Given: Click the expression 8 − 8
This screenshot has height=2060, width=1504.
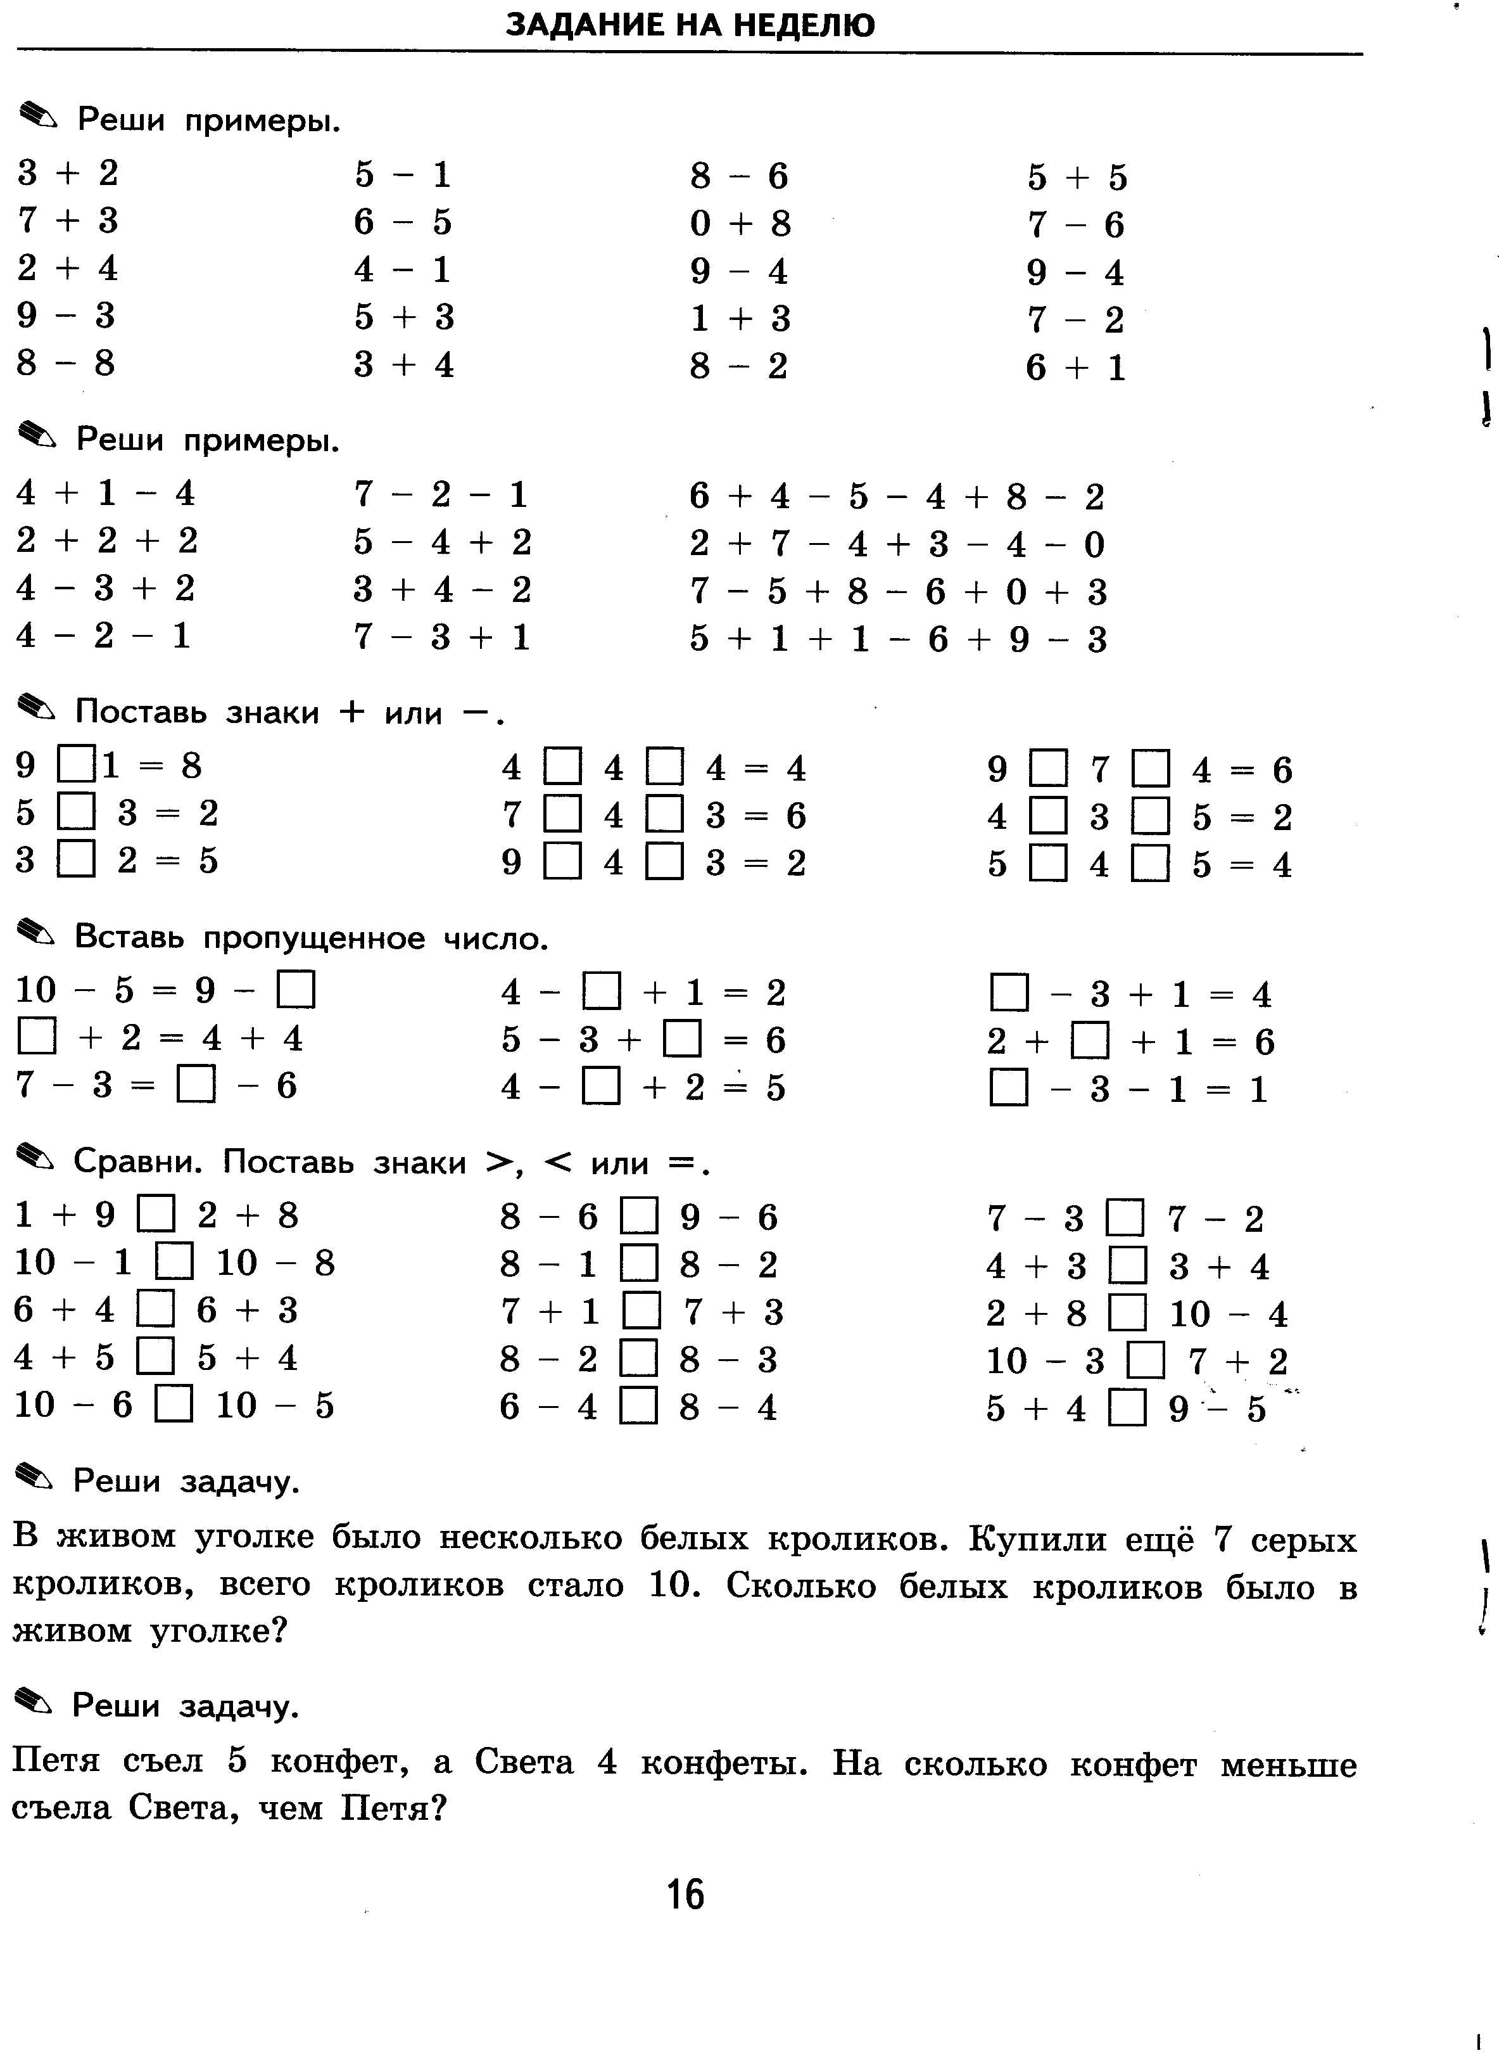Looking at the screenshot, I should [x=66, y=363].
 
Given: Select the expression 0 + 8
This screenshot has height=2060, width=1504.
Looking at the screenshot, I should [x=740, y=223].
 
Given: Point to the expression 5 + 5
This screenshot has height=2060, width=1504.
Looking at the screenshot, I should [x=1077, y=177].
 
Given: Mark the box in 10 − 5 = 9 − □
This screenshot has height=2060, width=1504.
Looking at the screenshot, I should [x=296, y=990].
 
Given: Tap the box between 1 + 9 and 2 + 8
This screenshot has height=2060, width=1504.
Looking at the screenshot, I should [x=156, y=1215].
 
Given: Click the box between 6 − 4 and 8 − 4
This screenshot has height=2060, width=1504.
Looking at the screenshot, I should [x=638, y=1406].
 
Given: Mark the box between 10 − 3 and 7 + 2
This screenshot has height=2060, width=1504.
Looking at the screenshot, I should [x=1146, y=1362].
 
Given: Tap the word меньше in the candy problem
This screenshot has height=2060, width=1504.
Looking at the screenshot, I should [x=1288, y=1765].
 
